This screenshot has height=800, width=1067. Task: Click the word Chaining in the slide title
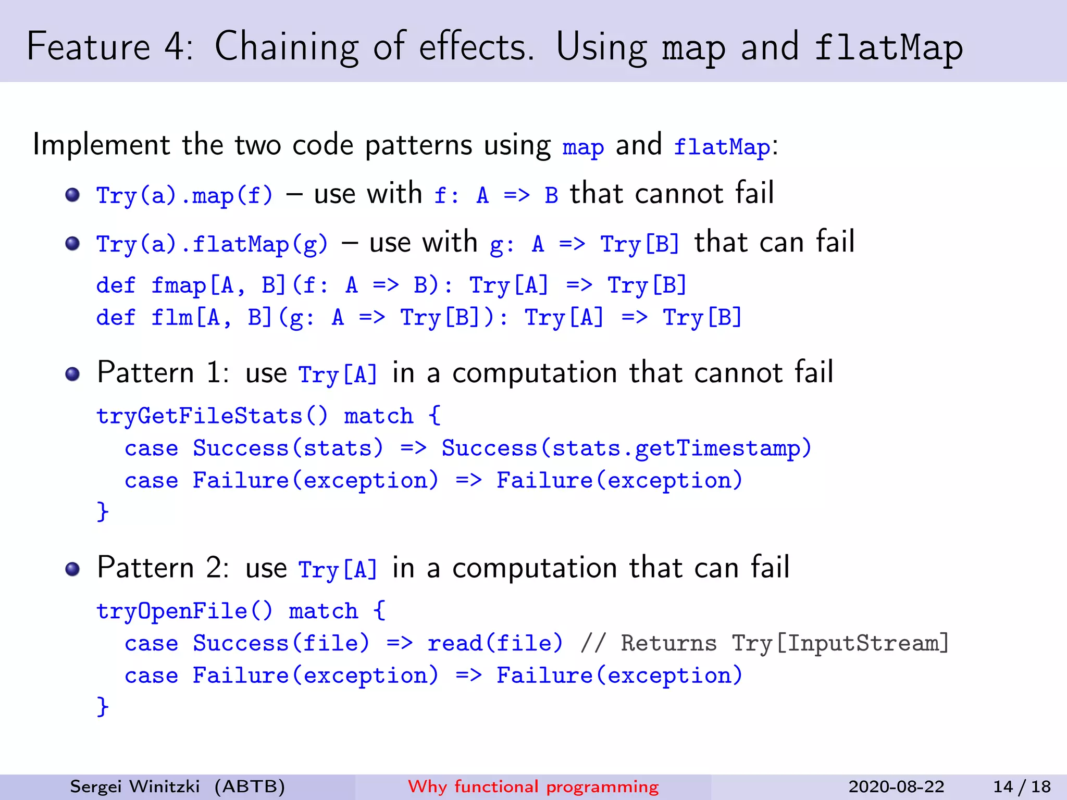[286, 47]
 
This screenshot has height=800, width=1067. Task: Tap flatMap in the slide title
[889, 48]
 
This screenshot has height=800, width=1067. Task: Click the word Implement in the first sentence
[101, 145]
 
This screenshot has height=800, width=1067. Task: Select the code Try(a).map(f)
[184, 196]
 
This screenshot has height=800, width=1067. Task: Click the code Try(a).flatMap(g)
[212, 244]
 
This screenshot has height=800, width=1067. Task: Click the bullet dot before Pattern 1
[72, 374]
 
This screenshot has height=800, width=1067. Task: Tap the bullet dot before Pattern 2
[72, 569]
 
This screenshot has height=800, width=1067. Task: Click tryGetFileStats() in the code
[212, 416]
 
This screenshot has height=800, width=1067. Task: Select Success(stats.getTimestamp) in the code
[626, 448]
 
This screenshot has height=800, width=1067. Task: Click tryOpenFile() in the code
[184, 611]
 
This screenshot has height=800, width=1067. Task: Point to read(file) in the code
[495, 643]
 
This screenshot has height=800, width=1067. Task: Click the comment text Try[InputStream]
[840, 643]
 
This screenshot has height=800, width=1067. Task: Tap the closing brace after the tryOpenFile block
[103, 707]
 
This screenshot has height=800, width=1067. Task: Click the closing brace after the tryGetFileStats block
[103, 511]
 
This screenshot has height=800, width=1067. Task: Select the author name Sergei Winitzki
[134, 786]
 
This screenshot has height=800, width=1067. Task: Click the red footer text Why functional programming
[533, 786]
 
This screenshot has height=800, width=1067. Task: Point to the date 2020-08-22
[896, 786]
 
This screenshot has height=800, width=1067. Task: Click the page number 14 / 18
[1022, 786]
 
